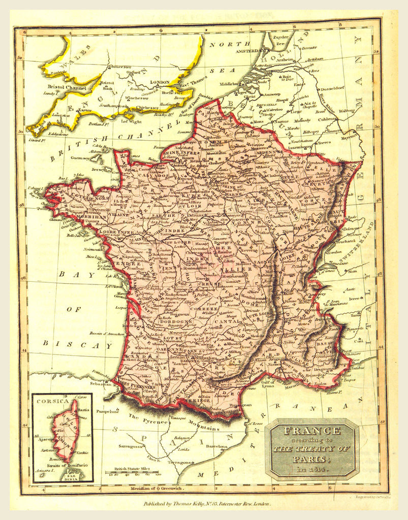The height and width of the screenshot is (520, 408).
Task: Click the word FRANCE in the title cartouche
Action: click(x=311, y=431)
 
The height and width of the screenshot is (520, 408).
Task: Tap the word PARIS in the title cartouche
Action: click(x=311, y=458)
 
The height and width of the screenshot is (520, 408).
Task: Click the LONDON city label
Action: click(x=160, y=82)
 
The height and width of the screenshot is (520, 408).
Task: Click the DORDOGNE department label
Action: click(x=174, y=321)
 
